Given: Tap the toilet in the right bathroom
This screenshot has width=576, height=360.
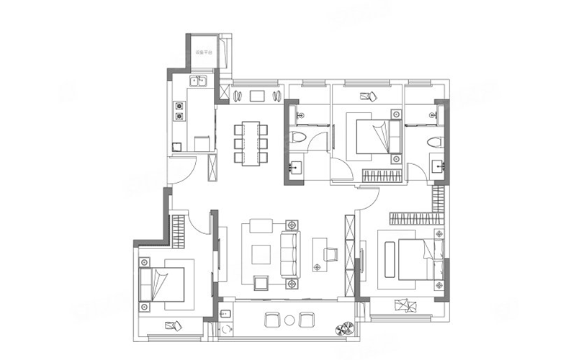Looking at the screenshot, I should [x=434, y=140].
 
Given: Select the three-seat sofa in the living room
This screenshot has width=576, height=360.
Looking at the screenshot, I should [x=290, y=252].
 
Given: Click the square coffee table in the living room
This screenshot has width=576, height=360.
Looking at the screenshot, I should [x=261, y=253].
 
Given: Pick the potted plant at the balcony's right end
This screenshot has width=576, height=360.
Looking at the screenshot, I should [x=343, y=330].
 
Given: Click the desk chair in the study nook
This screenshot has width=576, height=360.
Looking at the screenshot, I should [x=331, y=253].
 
